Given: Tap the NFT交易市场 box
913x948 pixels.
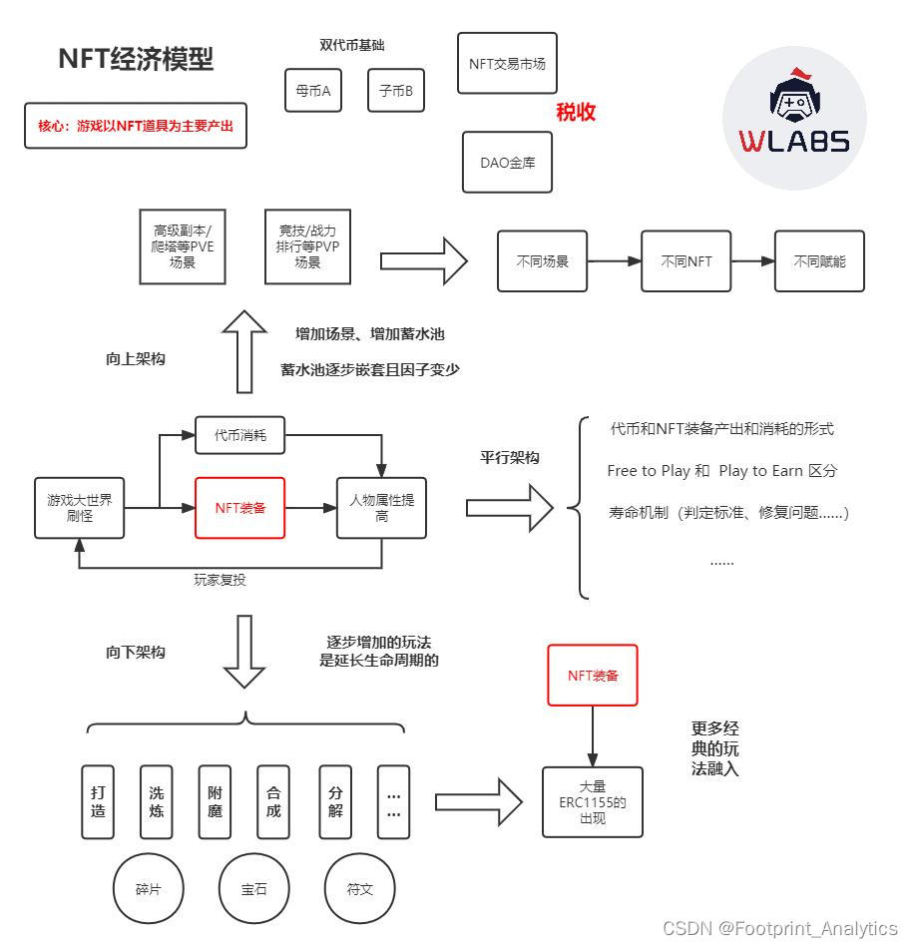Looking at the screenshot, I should pos(507,63).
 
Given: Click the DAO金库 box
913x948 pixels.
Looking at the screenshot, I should pos(507,162).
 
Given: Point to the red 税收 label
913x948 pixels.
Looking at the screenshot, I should pos(576,113).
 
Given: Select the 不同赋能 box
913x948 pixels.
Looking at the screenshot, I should pos(819,261).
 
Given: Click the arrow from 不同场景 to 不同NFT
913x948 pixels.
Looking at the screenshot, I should pos(614,261).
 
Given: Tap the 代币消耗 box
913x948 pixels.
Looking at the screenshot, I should pos(239,435).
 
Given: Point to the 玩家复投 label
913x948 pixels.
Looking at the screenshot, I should pos(220,579).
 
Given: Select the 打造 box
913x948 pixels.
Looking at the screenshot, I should pos(98,802).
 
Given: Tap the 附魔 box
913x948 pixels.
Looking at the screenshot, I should pos(215,802).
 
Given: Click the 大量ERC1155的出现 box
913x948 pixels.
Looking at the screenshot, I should pos(593,802).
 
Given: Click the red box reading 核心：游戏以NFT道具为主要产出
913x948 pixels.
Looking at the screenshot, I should pos(136,127).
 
